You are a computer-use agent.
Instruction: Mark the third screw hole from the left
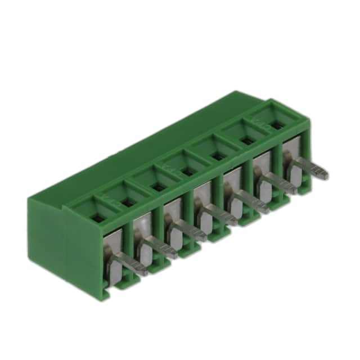[159, 187]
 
